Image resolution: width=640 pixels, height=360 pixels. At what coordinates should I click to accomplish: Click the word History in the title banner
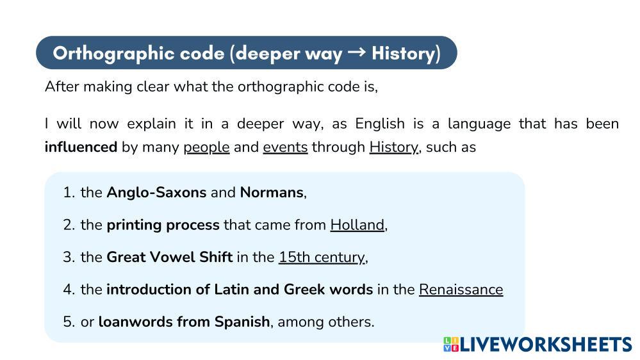pos(403,53)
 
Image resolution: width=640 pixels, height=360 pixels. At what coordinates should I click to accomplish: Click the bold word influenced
pos(81,147)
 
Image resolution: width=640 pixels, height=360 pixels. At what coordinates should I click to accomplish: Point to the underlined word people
pos(206,147)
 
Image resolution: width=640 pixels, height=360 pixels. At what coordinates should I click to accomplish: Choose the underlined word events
pos(285,147)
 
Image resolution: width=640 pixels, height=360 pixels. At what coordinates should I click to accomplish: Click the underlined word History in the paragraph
pos(393,147)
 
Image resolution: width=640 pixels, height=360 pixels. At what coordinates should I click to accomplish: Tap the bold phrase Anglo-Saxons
pos(156,192)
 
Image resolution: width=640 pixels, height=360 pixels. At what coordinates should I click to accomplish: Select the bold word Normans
pos(272,192)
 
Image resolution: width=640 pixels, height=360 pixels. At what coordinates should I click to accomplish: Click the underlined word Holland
pos(357,225)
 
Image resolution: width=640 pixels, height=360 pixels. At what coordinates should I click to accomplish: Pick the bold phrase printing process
pos(163,225)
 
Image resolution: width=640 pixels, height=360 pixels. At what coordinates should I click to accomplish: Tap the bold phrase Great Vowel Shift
pos(169,257)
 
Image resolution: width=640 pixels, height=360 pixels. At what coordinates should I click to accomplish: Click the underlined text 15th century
pos(322,257)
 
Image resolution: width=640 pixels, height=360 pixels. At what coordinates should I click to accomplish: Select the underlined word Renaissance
pos(461,290)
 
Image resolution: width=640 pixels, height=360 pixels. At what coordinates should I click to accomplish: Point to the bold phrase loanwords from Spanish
pos(184,322)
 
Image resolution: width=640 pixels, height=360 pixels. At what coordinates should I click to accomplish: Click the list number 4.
pos(68,290)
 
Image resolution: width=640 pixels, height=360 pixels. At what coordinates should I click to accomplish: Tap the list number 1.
pos(68,192)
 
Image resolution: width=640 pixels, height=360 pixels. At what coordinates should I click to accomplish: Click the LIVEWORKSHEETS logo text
pos(546,345)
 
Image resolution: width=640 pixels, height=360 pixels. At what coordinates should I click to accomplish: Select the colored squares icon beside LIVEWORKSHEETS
pos(451,345)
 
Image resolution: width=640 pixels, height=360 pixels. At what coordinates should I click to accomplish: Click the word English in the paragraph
pos(380,124)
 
